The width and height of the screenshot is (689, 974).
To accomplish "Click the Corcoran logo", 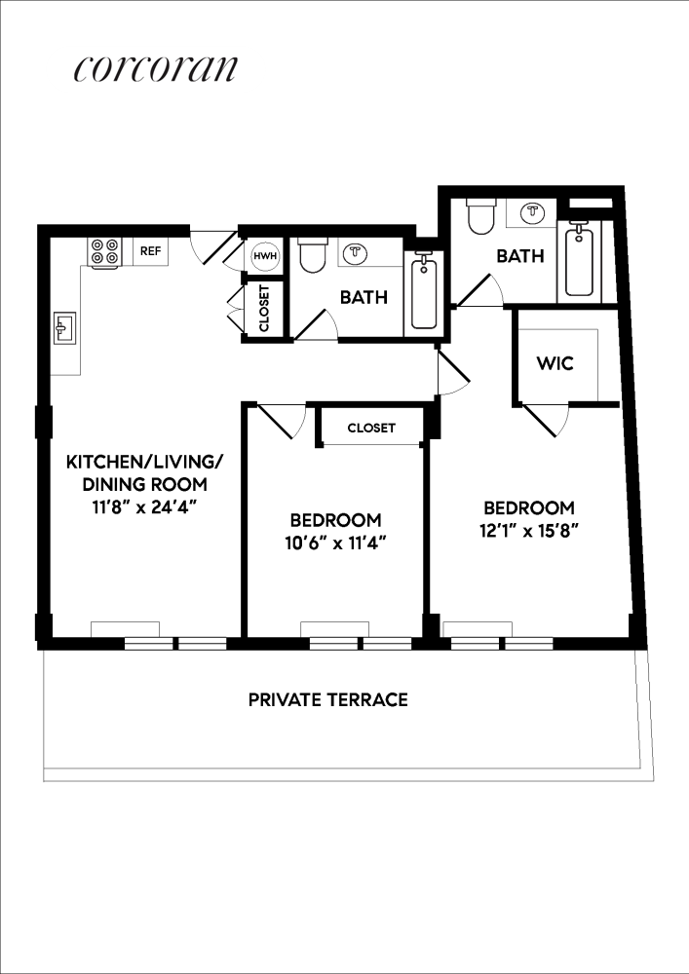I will (x=155, y=69).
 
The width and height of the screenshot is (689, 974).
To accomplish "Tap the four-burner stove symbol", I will (x=104, y=252).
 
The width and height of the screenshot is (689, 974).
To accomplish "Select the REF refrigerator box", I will (x=150, y=251).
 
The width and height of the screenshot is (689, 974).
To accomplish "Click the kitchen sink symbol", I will (x=65, y=328).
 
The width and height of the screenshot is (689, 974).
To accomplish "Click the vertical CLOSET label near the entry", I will (x=264, y=308).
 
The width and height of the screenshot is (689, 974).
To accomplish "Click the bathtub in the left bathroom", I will (x=424, y=291).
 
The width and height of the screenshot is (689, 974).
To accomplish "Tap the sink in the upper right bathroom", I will (x=532, y=211).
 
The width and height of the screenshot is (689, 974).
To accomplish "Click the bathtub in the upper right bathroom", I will (x=579, y=260).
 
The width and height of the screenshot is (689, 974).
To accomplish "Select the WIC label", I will (x=555, y=363).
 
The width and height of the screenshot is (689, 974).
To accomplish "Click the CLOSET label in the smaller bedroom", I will (x=371, y=428).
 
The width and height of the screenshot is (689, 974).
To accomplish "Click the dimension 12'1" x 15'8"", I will (x=529, y=531).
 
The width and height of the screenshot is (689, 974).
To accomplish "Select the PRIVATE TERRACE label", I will (x=327, y=699).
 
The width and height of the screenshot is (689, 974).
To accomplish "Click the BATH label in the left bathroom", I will (x=364, y=297).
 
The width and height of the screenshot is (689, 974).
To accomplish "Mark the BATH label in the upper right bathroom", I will (x=519, y=256).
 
